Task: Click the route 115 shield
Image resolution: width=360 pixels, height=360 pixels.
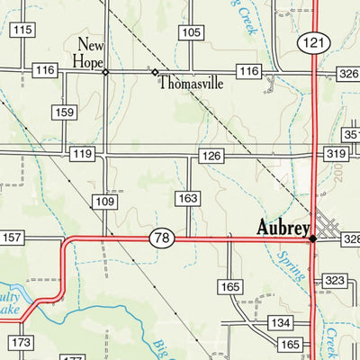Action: click(x=22, y=30)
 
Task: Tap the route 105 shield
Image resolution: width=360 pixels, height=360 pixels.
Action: click(x=191, y=32)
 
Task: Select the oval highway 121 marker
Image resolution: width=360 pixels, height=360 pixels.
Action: click(x=314, y=42)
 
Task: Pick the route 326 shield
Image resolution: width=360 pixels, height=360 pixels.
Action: click(x=348, y=71)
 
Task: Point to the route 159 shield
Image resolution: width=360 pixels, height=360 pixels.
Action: click(x=64, y=112)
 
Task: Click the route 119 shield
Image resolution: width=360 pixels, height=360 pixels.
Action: click(x=82, y=155)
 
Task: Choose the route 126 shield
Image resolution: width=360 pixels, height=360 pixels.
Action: click(x=211, y=157)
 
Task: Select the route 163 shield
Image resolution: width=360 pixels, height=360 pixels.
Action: click(x=187, y=197)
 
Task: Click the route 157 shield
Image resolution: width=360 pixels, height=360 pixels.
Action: click(x=12, y=238)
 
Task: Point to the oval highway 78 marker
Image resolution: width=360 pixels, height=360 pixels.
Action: click(x=161, y=238)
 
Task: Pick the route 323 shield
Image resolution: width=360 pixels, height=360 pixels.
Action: click(x=335, y=281)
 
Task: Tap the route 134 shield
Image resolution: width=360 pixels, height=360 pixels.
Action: click(x=281, y=322)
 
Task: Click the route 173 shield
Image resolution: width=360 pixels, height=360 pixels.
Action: click(x=22, y=342)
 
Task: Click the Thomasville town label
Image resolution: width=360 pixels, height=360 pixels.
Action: click(x=191, y=84)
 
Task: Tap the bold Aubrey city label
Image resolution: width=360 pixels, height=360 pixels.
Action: click(x=283, y=228)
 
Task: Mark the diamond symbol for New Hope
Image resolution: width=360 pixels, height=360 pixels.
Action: click(x=105, y=72)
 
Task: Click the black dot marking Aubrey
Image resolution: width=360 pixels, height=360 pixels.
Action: click(x=312, y=238)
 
